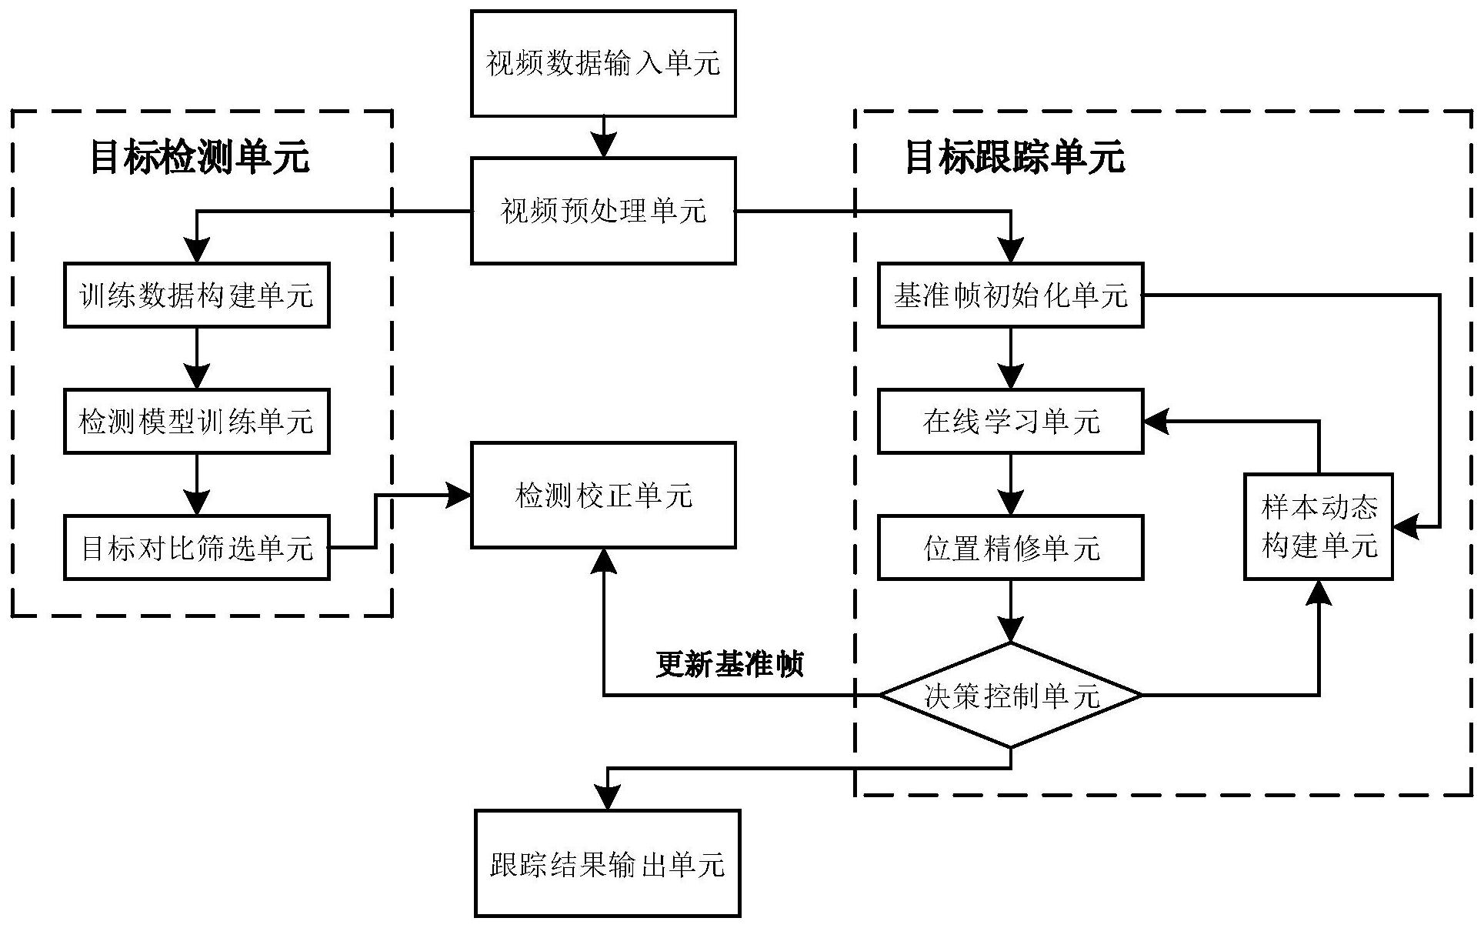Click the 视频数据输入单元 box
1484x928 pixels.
[x=603, y=63]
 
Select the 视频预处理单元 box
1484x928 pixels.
[x=603, y=211]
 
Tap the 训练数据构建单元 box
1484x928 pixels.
[x=196, y=295]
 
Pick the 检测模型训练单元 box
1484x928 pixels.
[x=196, y=422]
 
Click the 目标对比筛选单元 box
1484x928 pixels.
[x=196, y=548]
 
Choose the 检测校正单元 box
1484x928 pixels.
[x=603, y=495]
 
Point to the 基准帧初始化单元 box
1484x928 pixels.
[x=1010, y=295]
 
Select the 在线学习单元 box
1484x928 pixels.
[x=1010, y=422]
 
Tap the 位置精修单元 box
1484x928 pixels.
[x=1010, y=548]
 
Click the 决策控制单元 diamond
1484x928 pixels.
[x=1010, y=696]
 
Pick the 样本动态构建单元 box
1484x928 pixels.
[x=1319, y=526]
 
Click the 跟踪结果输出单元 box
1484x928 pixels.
[x=607, y=863]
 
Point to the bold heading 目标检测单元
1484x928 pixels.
[x=199, y=156]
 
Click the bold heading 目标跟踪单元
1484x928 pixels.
[x=1015, y=156]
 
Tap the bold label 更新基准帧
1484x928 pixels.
[x=729, y=663]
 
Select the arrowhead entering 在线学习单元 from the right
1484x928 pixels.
[x=1156, y=421]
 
